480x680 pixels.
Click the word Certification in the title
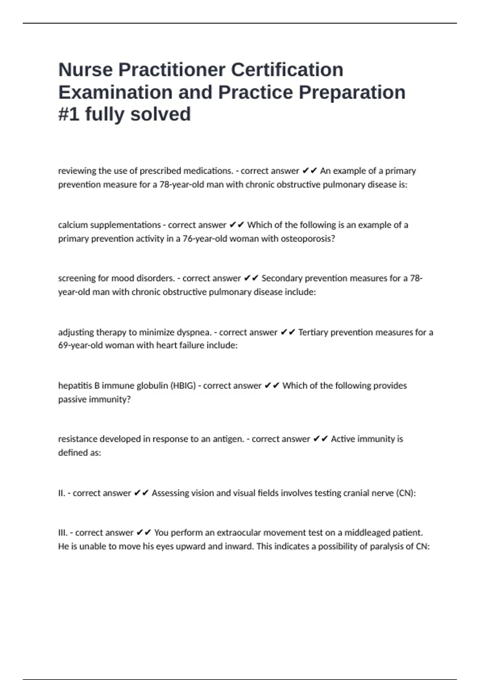(x=287, y=70)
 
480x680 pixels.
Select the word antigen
(x=228, y=439)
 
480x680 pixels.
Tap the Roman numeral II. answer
(x=62, y=493)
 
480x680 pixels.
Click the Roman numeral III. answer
(x=63, y=533)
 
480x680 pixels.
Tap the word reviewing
(x=77, y=171)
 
